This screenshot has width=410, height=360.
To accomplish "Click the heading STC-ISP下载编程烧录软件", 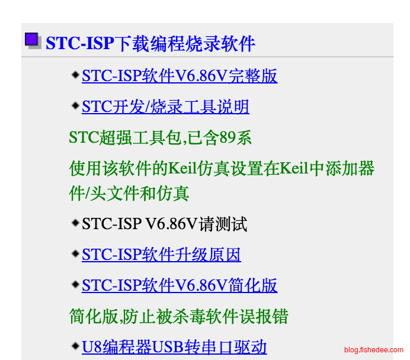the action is point(150,43).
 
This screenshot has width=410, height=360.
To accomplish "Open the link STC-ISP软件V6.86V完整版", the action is point(180,76).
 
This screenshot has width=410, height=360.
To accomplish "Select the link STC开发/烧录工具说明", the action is point(165,107).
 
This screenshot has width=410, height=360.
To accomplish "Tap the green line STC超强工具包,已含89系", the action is point(161,137).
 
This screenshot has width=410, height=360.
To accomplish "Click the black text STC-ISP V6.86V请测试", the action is point(165,224).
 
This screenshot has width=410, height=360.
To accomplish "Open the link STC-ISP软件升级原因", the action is point(161,255).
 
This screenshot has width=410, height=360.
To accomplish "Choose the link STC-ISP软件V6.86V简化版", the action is point(180,285).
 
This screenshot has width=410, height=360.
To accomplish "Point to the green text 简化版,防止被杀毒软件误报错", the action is point(178,316).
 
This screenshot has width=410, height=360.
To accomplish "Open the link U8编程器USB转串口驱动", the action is point(174,347).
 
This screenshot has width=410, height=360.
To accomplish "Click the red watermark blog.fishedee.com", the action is point(374,350).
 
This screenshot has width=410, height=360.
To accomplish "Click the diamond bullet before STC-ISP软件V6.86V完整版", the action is point(75,75).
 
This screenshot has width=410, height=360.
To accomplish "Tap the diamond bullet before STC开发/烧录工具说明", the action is point(75,105).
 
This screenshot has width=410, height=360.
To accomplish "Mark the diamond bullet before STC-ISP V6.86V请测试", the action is point(75,223).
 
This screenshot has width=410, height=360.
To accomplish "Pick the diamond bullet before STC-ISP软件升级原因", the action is point(75,253).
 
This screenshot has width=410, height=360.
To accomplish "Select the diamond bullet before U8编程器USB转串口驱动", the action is point(75,346).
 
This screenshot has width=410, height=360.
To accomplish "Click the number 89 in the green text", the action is point(228,137).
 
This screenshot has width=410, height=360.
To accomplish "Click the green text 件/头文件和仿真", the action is point(129,194).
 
